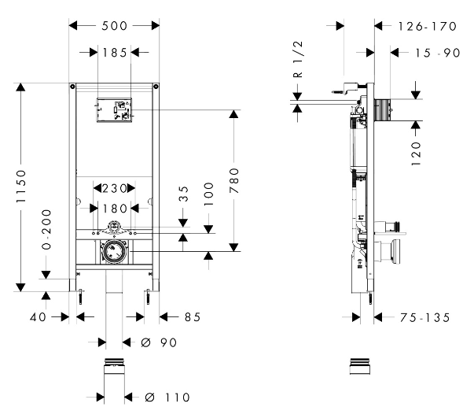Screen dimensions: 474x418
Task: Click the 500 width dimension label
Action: (x=114, y=26)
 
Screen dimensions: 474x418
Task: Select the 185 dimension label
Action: (x=115, y=53)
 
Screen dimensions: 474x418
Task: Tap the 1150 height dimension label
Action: (x=21, y=186)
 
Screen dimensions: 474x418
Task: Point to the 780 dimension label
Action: (x=234, y=181)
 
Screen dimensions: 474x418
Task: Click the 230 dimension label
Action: (x=114, y=189)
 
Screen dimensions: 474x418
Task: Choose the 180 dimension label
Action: (x=115, y=209)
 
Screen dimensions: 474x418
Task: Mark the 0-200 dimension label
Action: (x=46, y=229)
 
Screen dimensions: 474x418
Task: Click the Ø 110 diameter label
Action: (x=167, y=397)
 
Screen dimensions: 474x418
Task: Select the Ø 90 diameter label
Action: (x=159, y=342)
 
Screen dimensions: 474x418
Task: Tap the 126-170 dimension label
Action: (x=427, y=26)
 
